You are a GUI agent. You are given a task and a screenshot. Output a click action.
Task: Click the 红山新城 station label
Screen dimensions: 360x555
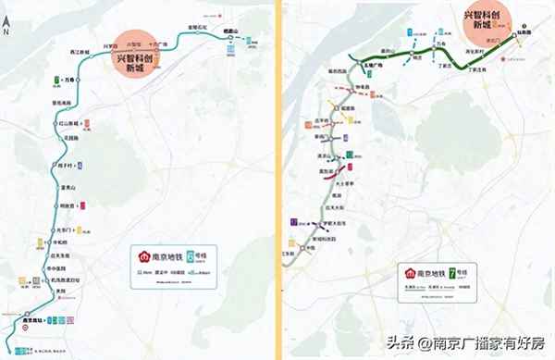67,122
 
